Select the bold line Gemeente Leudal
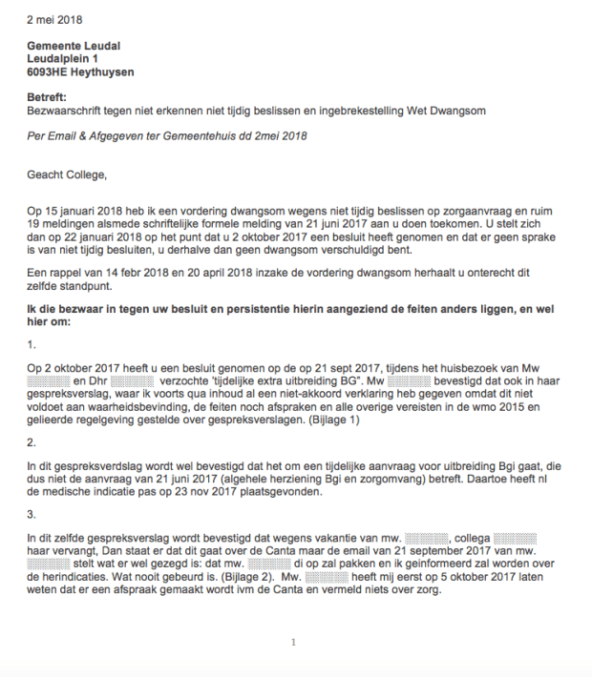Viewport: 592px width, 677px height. (74, 46)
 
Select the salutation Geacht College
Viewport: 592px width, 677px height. (68, 174)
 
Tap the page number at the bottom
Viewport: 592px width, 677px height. (293, 642)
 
